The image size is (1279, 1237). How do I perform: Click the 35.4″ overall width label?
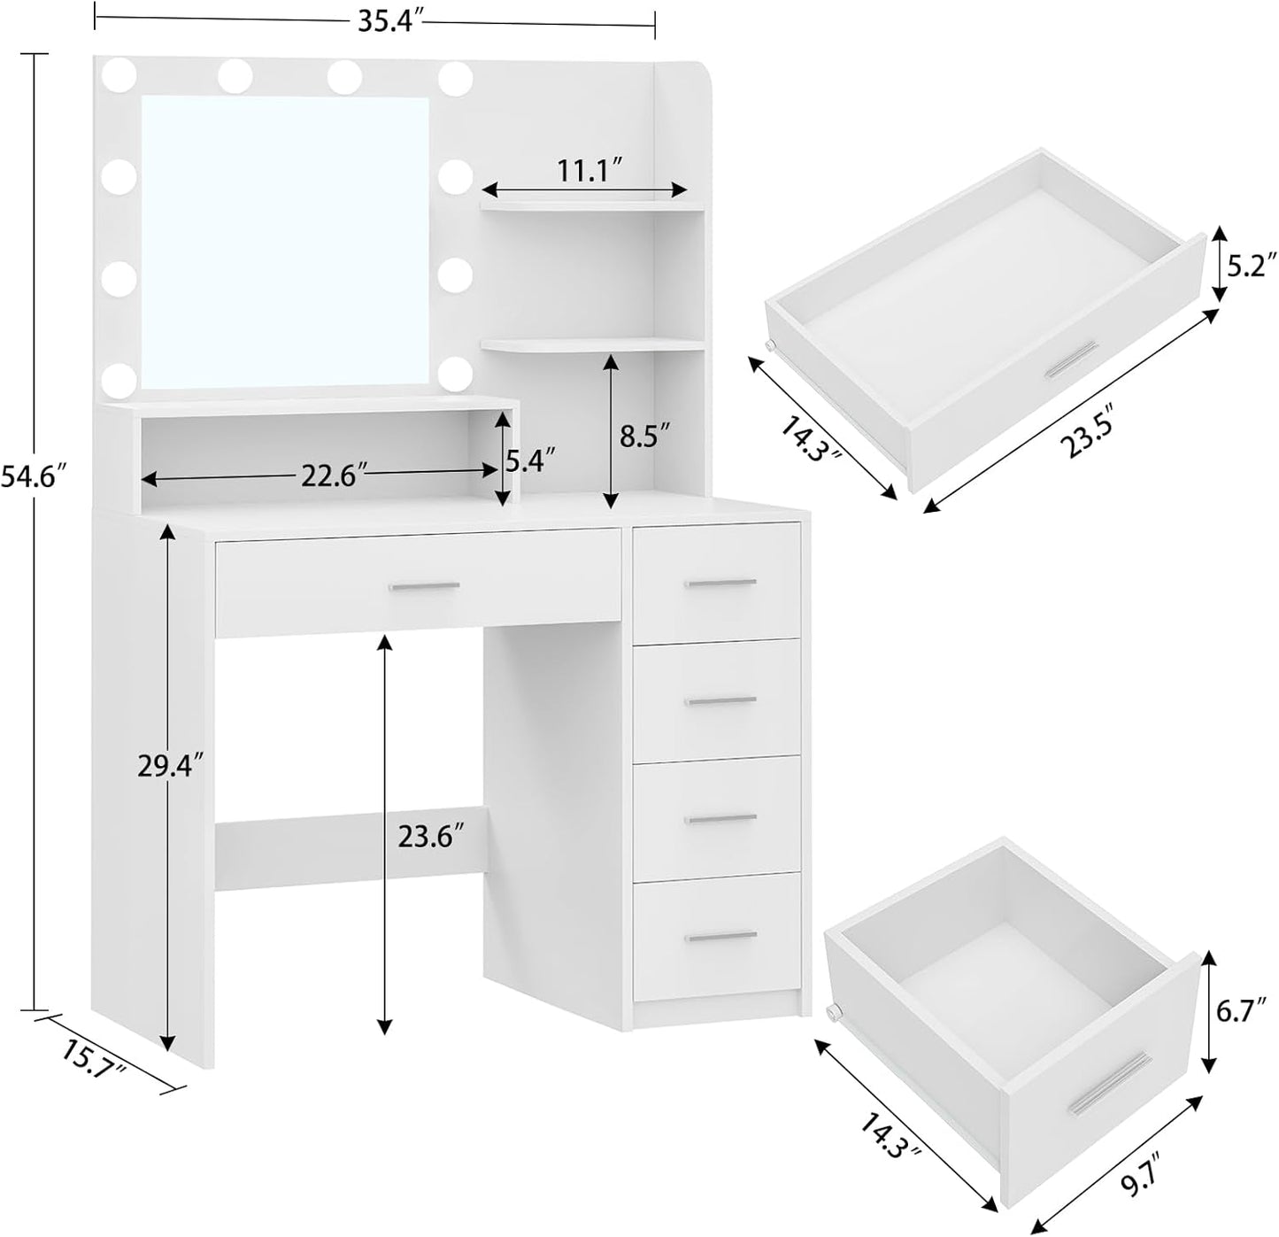(x=386, y=21)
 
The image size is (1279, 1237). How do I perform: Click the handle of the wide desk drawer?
(x=424, y=586)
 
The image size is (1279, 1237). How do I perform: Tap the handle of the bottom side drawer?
(x=720, y=936)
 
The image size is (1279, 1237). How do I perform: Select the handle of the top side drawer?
(x=720, y=583)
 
